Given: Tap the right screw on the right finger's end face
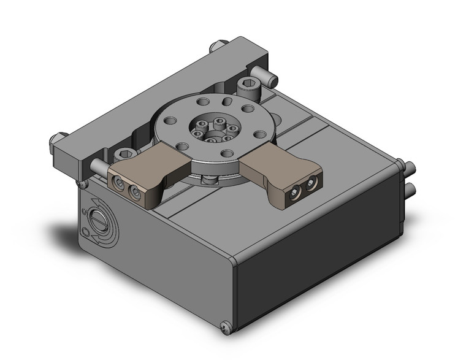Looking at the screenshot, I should (x=311, y=183).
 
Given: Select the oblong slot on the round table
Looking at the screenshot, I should (x=228, y=101).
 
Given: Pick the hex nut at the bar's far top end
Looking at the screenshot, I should (x=216, y=47).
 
